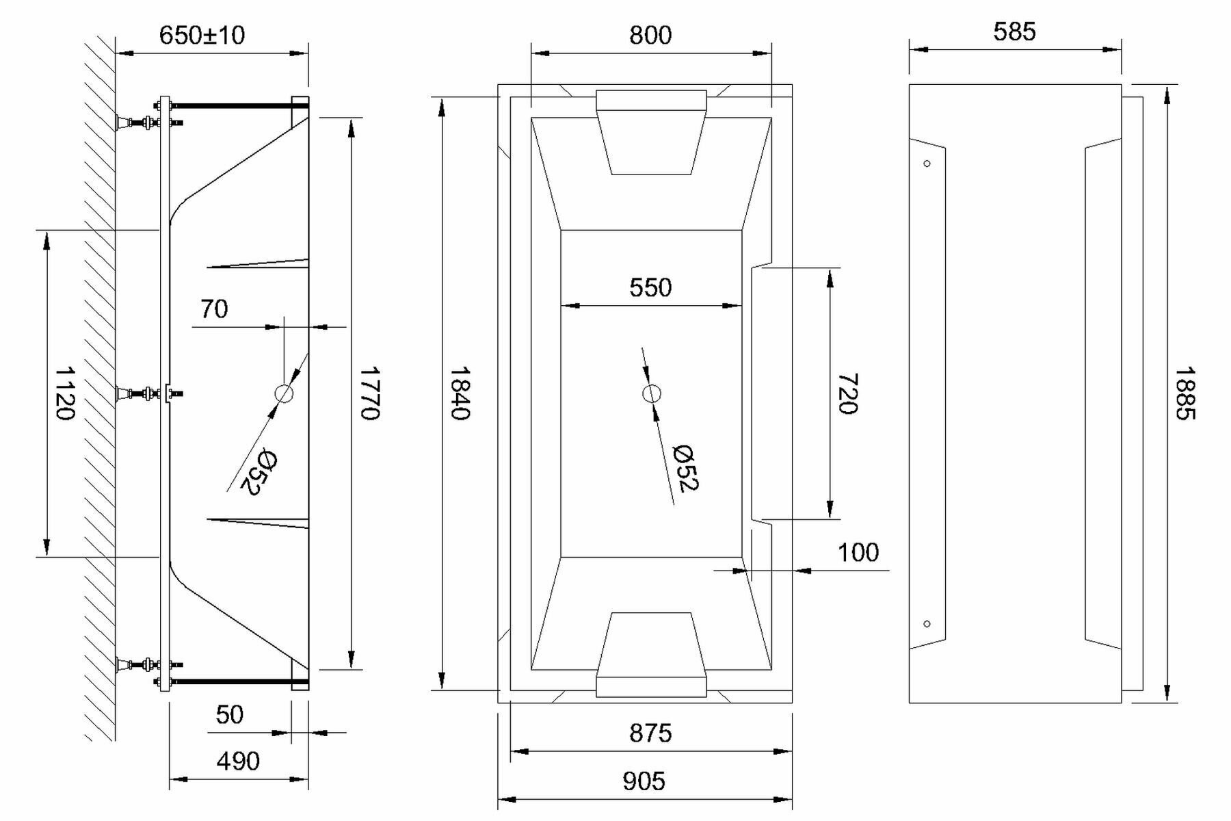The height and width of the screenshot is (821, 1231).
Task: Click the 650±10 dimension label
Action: click(202, 35)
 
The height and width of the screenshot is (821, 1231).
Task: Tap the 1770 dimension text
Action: click(369, 393)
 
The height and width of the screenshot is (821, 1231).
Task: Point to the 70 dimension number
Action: click(214, 309)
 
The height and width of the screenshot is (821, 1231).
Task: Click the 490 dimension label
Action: click(238, 761)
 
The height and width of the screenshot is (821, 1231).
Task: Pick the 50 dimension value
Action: click(229, 715)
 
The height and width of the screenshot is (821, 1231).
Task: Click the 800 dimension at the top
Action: click(650, 35)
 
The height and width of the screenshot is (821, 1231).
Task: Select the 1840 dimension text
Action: click(459, 393)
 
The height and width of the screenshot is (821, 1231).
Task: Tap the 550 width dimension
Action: click(650, 287)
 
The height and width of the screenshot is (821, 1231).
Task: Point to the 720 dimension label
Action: click(847, 393)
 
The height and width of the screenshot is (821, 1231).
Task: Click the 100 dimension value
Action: click(858, 552)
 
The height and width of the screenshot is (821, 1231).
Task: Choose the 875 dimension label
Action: click(650, 733)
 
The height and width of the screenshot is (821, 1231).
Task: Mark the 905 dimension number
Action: click(644, 781)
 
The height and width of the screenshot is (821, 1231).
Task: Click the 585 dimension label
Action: click(1014, 31)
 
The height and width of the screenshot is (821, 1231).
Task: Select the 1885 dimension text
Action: click(1185, 393)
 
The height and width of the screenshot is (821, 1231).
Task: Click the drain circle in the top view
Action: click(651, 393)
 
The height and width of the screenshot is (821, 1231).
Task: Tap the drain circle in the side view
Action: click(284, 393)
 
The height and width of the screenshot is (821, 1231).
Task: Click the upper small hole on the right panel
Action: click(927, 164)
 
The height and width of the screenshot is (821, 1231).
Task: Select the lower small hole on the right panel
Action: click(927, 624)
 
